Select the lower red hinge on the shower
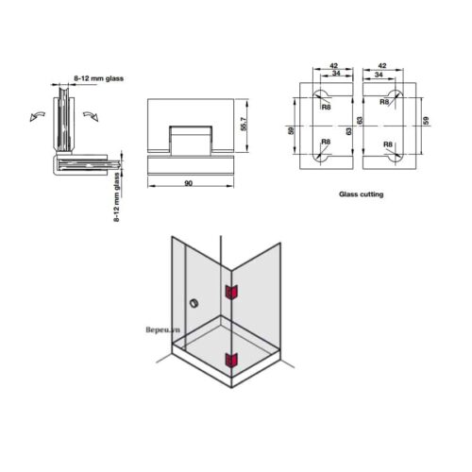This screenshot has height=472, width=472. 229,358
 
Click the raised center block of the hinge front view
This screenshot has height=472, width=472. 189,142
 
